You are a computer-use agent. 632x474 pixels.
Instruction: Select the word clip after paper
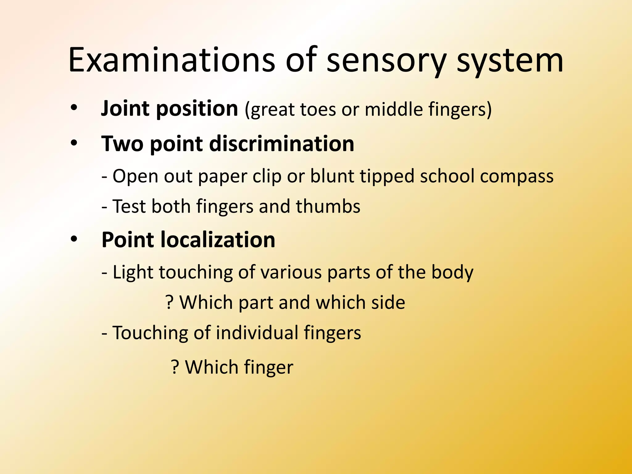[267, 177]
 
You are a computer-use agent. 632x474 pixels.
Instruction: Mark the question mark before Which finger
[175, 367]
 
